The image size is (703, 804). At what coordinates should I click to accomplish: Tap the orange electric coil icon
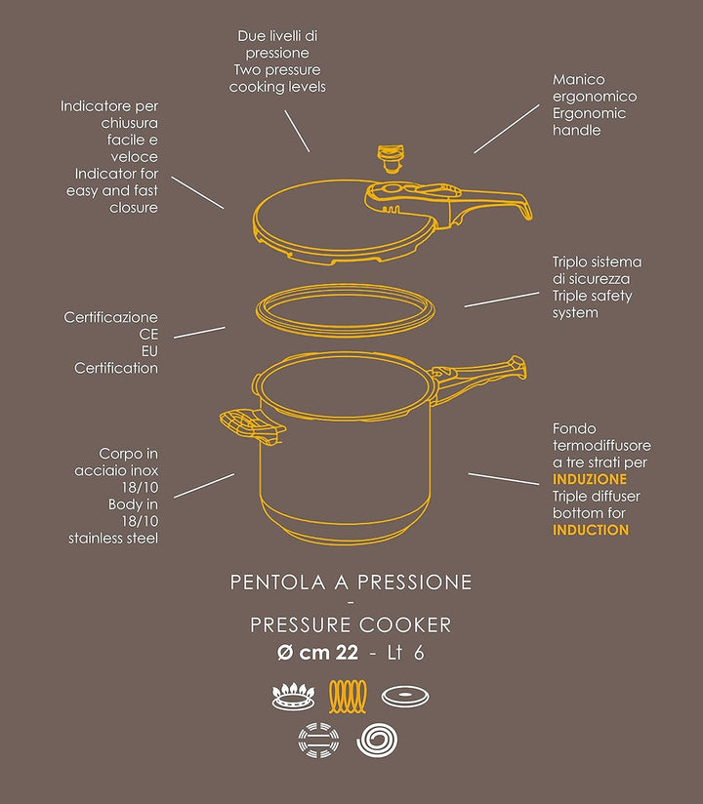(351, 697)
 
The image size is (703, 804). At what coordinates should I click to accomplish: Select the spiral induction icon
(379, 741)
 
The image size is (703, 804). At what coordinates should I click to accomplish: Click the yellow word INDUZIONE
(590, 480)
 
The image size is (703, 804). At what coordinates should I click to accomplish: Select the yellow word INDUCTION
(591, 530)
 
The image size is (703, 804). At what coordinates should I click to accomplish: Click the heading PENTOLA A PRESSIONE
(351, 583)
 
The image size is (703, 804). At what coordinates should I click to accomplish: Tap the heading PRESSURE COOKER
(351, 624)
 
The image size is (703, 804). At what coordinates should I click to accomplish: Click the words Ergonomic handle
(589, 122)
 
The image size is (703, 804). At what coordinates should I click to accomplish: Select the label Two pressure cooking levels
(277, 78)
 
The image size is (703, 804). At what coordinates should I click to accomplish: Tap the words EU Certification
(115, 359)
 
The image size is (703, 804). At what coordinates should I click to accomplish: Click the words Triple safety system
(592, 303)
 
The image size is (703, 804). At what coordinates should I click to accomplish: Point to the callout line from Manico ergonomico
(507, 128)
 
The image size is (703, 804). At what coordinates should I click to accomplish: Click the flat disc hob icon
(405, 697)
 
